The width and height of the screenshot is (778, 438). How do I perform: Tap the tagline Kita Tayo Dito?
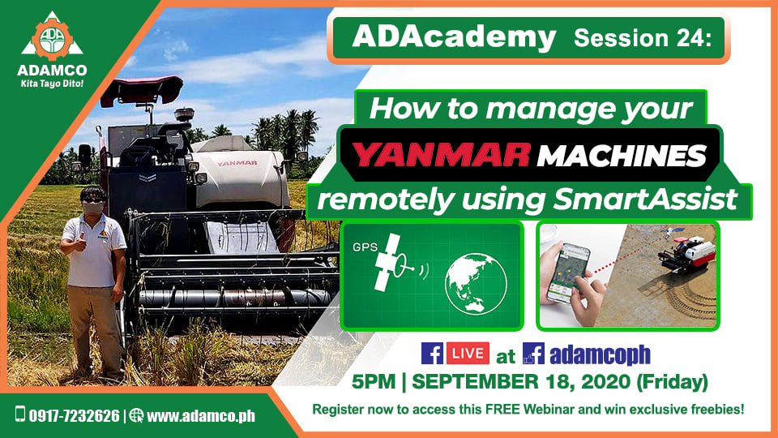[x=52, y=84]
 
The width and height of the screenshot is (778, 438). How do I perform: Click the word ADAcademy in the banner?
[x=454, y=37]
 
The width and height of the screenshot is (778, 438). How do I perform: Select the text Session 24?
[x=643, y=38]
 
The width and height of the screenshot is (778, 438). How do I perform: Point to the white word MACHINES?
[x=622, y=156]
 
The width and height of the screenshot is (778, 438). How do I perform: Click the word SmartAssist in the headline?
[x=645, y=200]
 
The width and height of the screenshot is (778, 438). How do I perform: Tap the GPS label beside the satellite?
[x=365, y=247]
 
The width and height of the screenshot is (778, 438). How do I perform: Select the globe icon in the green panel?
[x=476, y=284]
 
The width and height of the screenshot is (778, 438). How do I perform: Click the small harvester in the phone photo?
[x=687, y=252]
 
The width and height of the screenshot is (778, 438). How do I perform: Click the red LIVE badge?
[x=468, y=353]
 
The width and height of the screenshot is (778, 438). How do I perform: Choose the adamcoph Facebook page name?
[x=600, y=354]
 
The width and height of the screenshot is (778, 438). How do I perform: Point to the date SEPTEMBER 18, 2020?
[x=521, y=382]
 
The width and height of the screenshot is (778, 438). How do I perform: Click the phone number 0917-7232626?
[x=74, y=415]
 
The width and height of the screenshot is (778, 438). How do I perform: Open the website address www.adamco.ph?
[x=201, y=415]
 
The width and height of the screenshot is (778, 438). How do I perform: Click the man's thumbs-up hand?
[x=80, y=243]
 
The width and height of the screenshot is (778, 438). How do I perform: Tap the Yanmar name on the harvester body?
[x=237, y=163]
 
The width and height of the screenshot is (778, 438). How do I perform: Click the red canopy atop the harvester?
[x=142, y=90]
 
